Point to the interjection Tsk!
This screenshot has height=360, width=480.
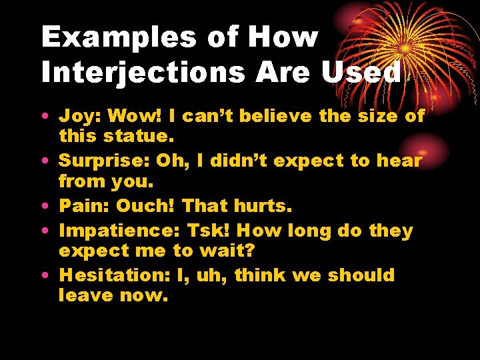coord(209,231)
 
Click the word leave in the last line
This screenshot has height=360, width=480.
coord(85,295)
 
